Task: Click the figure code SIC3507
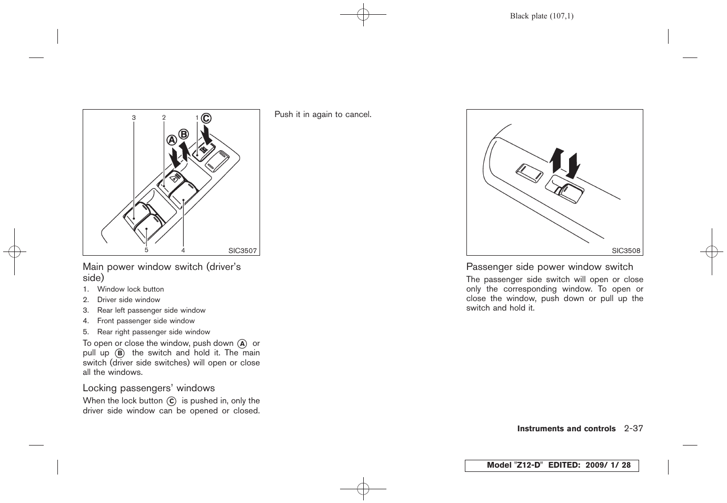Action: [x=242, y=251]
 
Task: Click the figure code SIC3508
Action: [x=626, y=251]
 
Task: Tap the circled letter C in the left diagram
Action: [x=206, y=119]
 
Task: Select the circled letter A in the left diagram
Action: [x=172, y=140]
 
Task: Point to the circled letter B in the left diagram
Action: [x=183, y=134]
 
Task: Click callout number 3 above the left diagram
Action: [x=134, y=118]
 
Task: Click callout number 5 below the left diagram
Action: [x=146, y=250]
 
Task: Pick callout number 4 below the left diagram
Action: [x=183, y=250]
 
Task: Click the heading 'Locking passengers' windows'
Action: [x=148, y=388]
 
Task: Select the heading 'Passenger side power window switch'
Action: [x=550, y=267]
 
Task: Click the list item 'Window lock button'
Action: [x=130, y=289]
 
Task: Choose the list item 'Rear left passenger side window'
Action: [x=151, y=311]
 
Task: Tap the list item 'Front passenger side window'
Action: [x=146, y=321]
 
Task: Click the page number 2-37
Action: [x=633, y=428]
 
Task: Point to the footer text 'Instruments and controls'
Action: [x=566, y=429]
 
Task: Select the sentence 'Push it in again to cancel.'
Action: [x=323, y=114]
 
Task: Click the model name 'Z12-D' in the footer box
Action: [x=529, y=465]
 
